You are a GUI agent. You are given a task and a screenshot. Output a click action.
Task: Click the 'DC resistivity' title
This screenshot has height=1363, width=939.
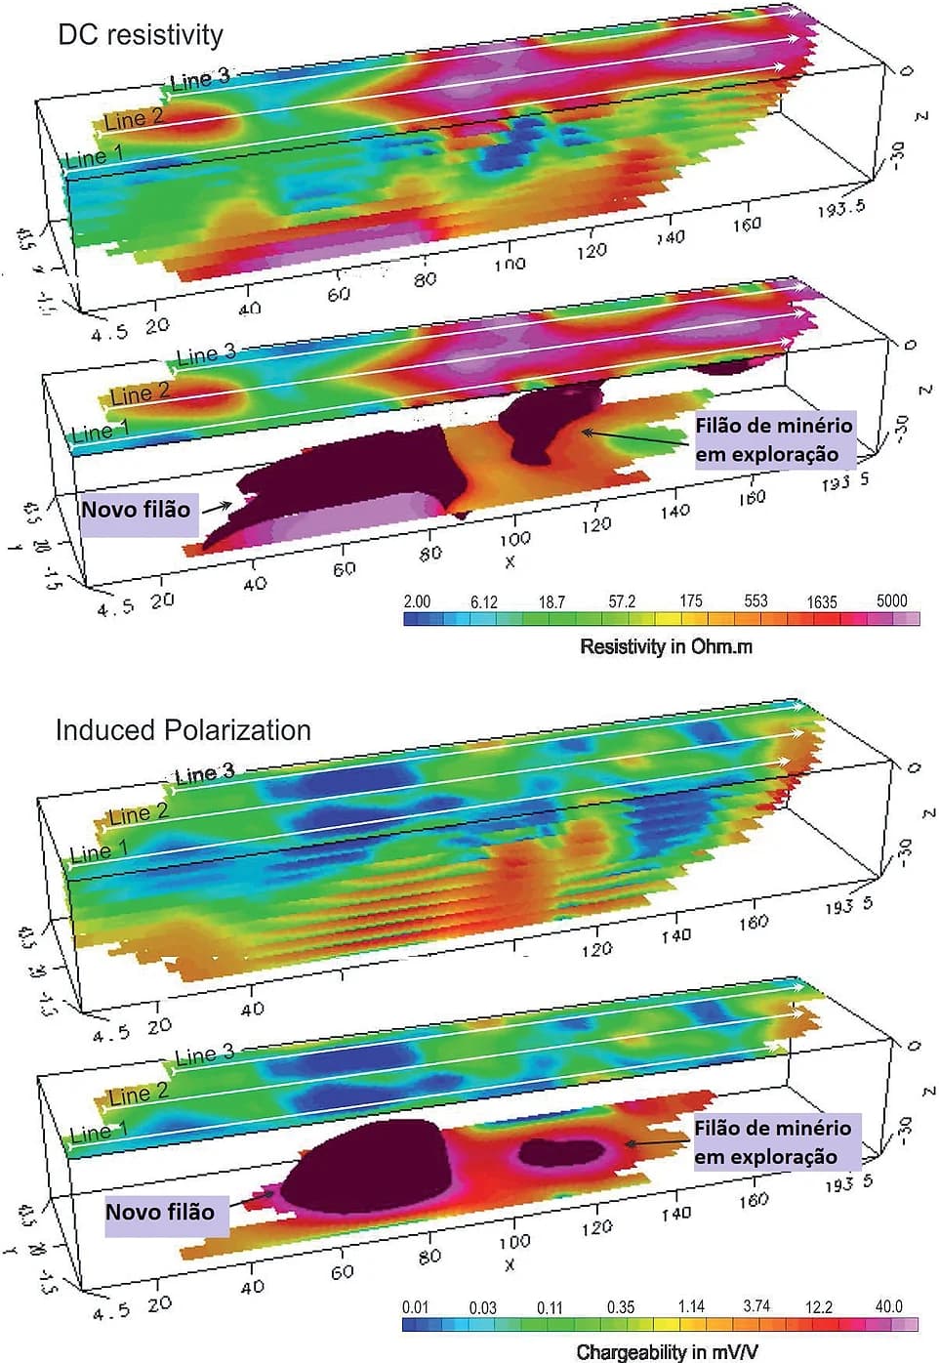click(x=141, y=35)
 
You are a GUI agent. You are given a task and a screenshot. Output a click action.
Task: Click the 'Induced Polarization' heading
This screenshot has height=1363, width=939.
click(x=183, y=730)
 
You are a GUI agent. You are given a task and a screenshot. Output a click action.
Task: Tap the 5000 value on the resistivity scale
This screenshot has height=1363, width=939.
click(x=891, y=600)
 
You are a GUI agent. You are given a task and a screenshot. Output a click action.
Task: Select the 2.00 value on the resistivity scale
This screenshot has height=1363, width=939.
click(x=417, y=600)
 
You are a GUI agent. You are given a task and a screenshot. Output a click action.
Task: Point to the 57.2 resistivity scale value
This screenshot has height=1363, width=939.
click(x=622, y=601)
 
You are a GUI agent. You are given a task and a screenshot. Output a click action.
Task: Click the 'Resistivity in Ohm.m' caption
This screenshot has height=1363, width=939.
click(x=666, y=646)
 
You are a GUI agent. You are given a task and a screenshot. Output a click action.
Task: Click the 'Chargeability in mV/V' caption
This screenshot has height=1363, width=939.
click(x=666, y=1351)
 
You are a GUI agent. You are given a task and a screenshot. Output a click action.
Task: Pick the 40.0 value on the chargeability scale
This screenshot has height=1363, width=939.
click(x=888, y=1306)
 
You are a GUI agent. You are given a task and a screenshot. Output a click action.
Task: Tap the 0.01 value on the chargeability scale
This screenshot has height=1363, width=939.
click(x=416, y=1307)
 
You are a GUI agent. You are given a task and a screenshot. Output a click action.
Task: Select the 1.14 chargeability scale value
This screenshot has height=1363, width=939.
click(x=691, y=1306)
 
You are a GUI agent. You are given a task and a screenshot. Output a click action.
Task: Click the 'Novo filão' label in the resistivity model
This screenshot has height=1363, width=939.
click(x=136, y=510)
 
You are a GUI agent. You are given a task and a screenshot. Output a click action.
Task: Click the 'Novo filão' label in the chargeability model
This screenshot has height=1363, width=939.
click(x=160, y=1212)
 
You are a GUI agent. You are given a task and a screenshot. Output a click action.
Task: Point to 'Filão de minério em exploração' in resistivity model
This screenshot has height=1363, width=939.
click(x=773, y=439)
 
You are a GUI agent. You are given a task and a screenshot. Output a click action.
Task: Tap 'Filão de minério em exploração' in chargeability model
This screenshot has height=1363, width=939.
click(x=772, y=1141)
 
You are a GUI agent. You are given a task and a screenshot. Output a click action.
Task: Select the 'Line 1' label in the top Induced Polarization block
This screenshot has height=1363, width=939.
click(x=97, y=853)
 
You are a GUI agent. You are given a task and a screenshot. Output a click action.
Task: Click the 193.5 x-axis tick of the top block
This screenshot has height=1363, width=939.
click(x=840, y=208)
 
